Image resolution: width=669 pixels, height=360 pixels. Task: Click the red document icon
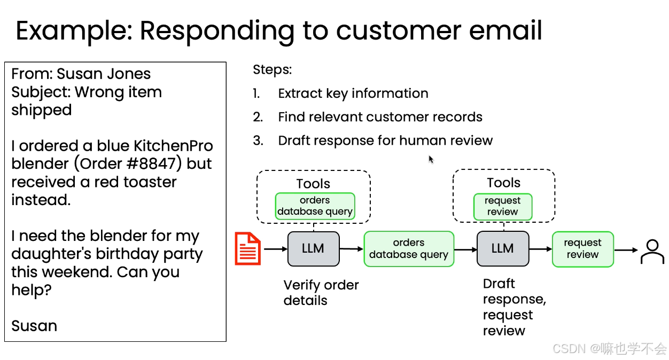(x=247, y=248)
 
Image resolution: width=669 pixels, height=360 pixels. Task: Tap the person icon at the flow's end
(x=652, y=252)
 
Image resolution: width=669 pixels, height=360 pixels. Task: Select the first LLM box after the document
(x=313, y=249)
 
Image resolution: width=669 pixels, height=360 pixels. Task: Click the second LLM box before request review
(x=503, y=249)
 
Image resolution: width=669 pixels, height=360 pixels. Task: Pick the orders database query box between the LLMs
(x=409, y=249)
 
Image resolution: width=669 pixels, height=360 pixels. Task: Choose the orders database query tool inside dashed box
(x=315, y=206)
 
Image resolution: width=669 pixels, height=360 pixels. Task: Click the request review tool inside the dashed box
(x=503, y=207)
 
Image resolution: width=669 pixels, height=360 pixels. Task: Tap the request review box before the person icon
(x=582, y=249)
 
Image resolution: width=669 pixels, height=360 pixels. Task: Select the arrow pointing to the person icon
(x=626, y=250)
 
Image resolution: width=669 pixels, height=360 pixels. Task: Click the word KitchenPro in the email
(x=173, y=146)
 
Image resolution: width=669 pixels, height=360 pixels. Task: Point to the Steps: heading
(x=272, y=70)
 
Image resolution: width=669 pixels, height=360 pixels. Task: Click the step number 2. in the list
(x=258, y=117)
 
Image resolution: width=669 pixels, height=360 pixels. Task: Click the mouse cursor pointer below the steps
(x=431, y=159)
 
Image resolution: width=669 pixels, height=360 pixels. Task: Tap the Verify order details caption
(x=321, y=293)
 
